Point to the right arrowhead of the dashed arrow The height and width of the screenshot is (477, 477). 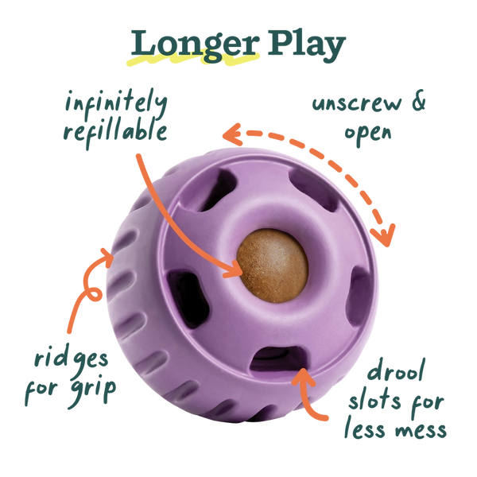click(386, 236)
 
